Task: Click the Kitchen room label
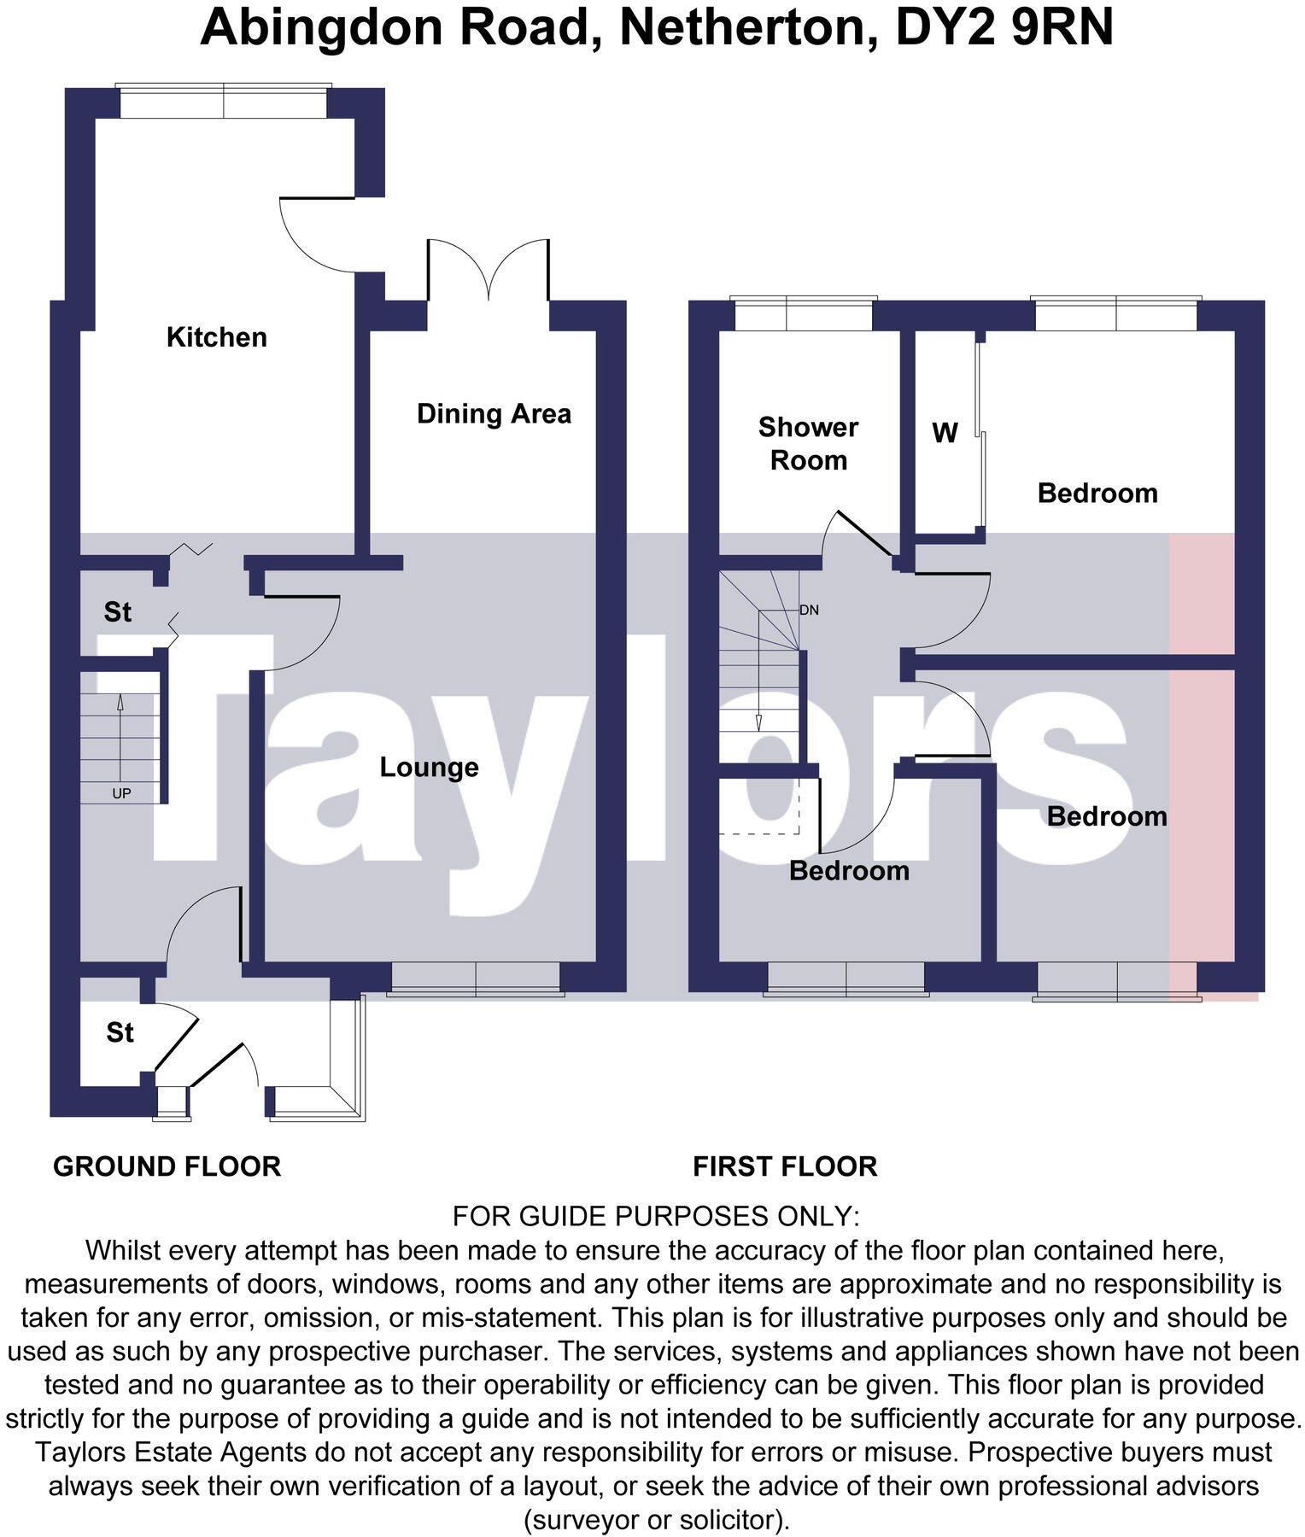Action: (216, 337)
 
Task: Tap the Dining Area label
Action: (494, 414)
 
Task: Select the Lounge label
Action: (429, 767)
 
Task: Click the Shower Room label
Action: (808, 444)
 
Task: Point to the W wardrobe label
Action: (945, 434)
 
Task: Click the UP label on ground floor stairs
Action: (121, 793)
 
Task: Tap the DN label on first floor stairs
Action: (809, 611)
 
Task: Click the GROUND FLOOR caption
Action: (167, 1166)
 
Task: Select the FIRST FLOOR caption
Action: (785, 1166)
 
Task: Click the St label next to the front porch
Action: (120, 1033)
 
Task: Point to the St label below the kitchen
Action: (117, 612)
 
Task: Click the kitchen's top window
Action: (223, 102)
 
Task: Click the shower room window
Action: (804, 314)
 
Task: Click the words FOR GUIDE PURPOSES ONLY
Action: (655, 1216)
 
